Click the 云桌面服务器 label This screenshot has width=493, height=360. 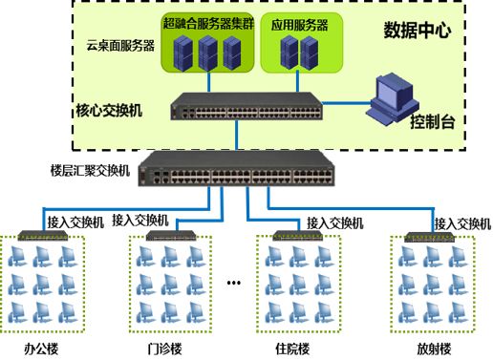[x=119, y=45]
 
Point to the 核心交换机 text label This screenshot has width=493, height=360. [x=108, y=112]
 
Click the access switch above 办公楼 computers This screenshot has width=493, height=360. [x=39, y=232]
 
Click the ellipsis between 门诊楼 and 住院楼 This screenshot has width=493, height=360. [x=234, y=283]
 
